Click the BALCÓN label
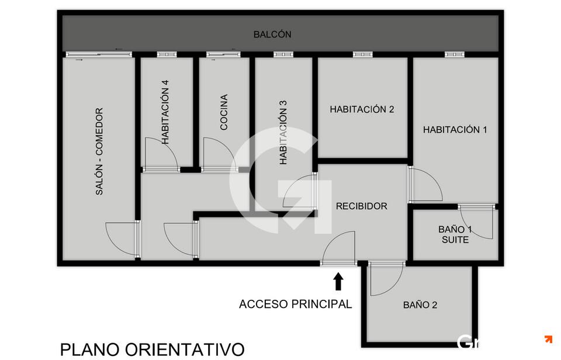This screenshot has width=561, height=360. [272, 34]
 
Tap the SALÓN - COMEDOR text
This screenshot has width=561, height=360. [99, 151]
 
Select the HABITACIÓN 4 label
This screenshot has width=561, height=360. [165, 112]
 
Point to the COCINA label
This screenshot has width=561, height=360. [224, 112]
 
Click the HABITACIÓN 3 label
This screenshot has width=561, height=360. [283, 132]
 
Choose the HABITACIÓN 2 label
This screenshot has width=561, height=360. [362, 109]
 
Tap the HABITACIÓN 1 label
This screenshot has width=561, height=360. [455, 130]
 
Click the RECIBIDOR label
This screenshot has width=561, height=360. [361, 206]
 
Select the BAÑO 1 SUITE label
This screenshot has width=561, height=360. [455, 234]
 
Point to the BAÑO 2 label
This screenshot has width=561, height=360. [420, 305]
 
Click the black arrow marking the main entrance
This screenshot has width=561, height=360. [338, 281]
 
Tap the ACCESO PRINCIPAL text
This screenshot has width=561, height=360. [296, 304]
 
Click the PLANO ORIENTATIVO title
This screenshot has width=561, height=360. [153, 349]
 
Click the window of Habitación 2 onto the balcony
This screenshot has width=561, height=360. [363, 54]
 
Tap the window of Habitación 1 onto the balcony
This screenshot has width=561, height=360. [455, 54]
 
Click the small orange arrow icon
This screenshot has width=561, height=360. [548, 339]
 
